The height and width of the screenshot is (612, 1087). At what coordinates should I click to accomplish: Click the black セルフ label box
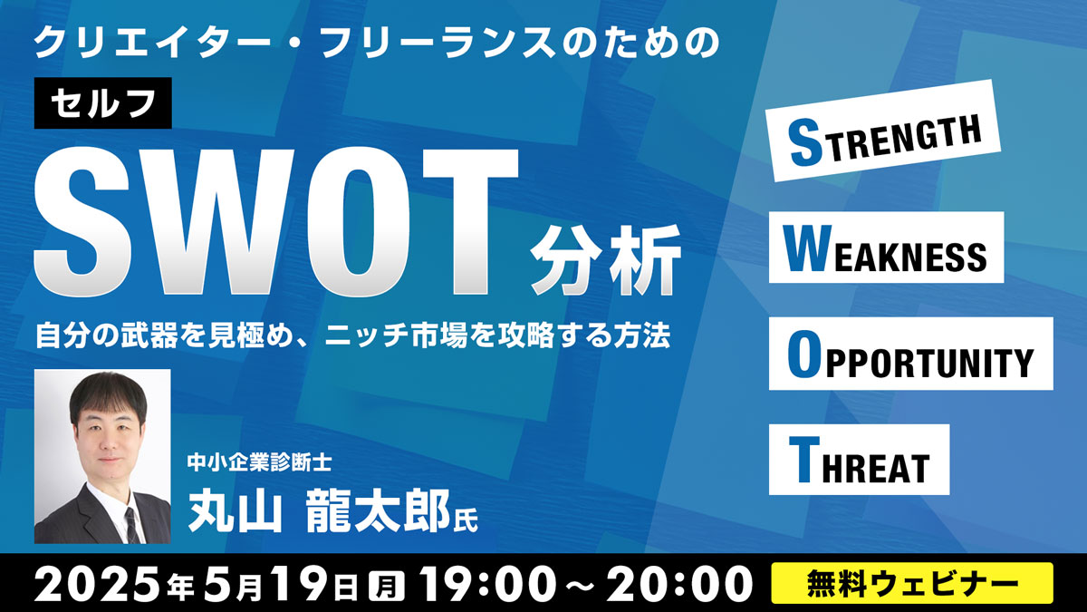103,103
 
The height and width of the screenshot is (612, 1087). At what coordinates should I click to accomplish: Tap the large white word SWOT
276,222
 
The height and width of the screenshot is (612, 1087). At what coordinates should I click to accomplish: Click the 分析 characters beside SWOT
606,260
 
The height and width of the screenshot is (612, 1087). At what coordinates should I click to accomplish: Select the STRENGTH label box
883,131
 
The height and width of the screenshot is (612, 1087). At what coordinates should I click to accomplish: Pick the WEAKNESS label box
886,248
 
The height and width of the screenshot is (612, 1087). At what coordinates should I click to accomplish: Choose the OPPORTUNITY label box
911,354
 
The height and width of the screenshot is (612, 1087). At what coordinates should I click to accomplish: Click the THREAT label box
859,460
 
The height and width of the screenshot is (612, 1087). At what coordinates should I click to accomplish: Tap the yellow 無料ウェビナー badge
912,583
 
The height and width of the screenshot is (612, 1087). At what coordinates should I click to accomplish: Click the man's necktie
131,525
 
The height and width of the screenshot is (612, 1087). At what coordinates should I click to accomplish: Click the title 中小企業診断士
260,462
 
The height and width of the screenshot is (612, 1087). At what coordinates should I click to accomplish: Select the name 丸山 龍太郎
319,512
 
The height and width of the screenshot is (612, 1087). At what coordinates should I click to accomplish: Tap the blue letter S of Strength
805,144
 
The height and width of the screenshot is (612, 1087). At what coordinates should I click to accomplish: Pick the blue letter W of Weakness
805,248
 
